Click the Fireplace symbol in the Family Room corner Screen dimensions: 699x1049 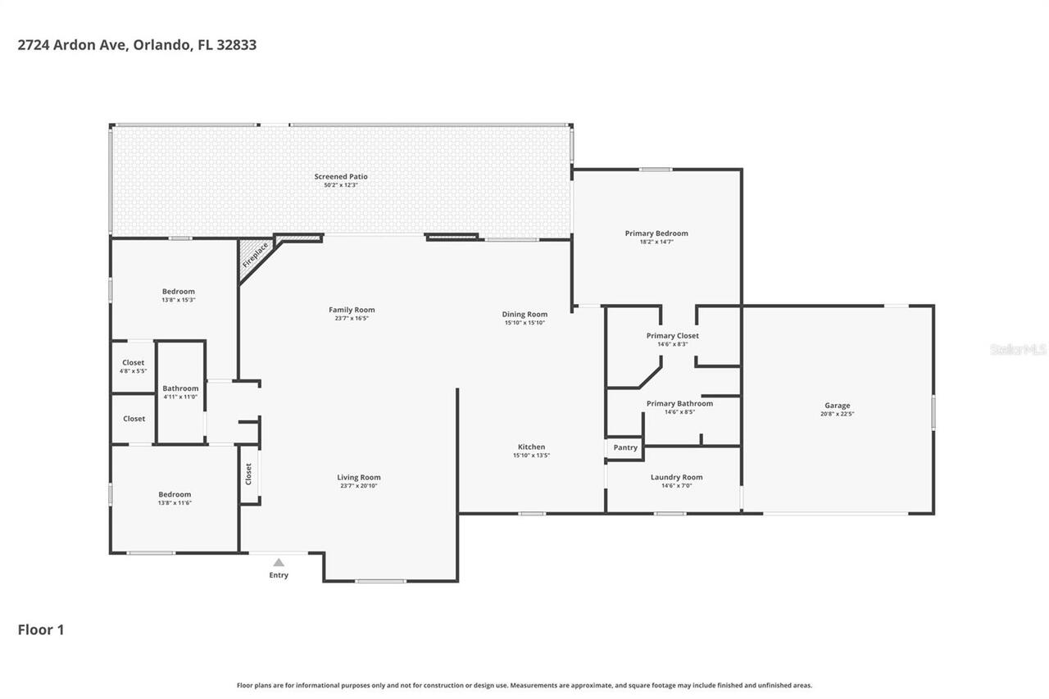(x=255, y=255)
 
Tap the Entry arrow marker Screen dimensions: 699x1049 (x=279, y=562)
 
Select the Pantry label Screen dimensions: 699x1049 (x=625, y=447)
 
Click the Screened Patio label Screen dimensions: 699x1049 (x=341, y=176)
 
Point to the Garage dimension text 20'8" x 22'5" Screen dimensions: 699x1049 (x=837, y=414)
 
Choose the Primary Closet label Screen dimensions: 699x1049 (x=672, y=335)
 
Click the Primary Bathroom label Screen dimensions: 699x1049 (x=679, y=403)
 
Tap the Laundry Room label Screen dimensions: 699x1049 (x=676, y=477)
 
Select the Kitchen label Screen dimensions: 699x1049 (x=531, y=447)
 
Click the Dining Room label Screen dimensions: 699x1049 (x=524, y=314)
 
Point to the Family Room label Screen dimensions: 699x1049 (x=352, y=310)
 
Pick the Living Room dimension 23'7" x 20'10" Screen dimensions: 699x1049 (x=359, y=486)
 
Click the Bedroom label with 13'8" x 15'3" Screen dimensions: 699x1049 (x=178, y=292)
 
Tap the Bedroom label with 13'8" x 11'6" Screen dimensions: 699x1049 (x=175, y=494)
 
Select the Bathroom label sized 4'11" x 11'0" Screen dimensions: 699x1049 (x=180, y=388)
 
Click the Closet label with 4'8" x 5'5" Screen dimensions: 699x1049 (x=133, y=362)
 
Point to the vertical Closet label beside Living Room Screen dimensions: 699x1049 (x=248, y=474)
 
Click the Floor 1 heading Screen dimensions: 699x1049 (x=41, y=629)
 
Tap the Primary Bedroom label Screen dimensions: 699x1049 (x=656, y=234)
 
